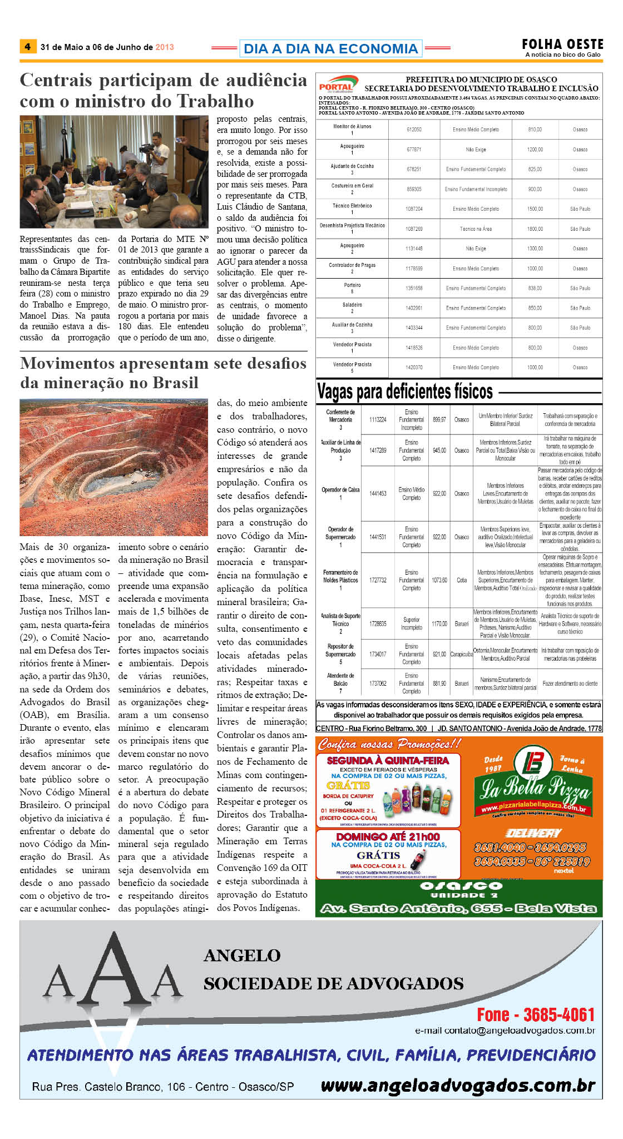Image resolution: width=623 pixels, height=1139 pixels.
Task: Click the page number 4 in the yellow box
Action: (x=27, y=47)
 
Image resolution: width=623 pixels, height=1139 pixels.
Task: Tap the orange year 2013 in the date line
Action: (x=165, y=47)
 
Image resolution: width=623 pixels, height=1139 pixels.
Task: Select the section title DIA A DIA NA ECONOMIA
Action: (x=330, y=48)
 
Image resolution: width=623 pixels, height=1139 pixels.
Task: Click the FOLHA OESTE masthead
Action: (x=562, y=44)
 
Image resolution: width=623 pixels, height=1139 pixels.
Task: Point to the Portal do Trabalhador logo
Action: (x=336, y=85)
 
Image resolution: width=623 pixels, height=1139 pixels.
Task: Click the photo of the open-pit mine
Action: (x=113, y=467)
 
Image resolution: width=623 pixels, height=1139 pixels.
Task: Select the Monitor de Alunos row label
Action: (x=352, y=127)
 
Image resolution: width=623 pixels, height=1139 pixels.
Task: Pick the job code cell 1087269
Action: (x=414, y=229)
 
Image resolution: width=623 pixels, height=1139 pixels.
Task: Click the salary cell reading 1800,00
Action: (x=535, y=229)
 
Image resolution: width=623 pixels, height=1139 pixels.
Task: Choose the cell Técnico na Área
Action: (x=476, y=229)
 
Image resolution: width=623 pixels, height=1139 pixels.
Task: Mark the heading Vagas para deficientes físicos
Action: (x=405, y=392)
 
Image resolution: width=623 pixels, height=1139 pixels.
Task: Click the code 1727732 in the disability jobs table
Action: (x=378, y=580)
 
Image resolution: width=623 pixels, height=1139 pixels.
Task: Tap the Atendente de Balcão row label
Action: (x=340, y=680)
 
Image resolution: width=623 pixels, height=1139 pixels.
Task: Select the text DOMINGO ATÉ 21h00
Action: (x=388, y=837)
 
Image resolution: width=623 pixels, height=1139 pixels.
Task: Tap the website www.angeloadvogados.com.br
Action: (x=458, y=1085)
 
